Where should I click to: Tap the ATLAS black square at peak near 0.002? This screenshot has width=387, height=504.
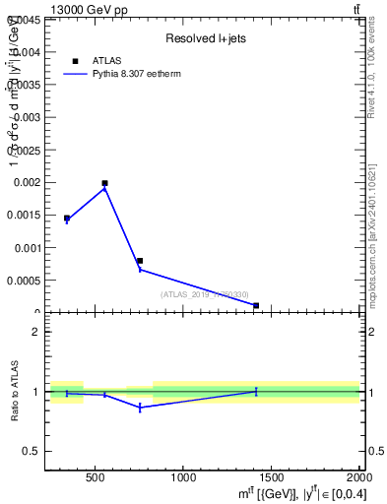[x=104, y=183]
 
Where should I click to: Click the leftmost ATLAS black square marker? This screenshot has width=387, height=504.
[x=67, y=219]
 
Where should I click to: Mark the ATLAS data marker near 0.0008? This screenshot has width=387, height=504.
[x=140, y=261]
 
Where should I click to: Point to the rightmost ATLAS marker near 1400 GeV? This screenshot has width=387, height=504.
[x=256, y=305]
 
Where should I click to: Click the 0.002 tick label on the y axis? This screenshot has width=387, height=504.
[x=26, y=182]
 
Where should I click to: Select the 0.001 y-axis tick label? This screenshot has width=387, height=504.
[x=26, y=248]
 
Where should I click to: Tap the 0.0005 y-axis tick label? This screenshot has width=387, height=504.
[x=23, y=281]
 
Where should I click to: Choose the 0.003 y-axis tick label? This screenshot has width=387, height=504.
[x=26, y=117]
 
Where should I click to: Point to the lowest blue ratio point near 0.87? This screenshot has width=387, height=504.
[x=140, y=407]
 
